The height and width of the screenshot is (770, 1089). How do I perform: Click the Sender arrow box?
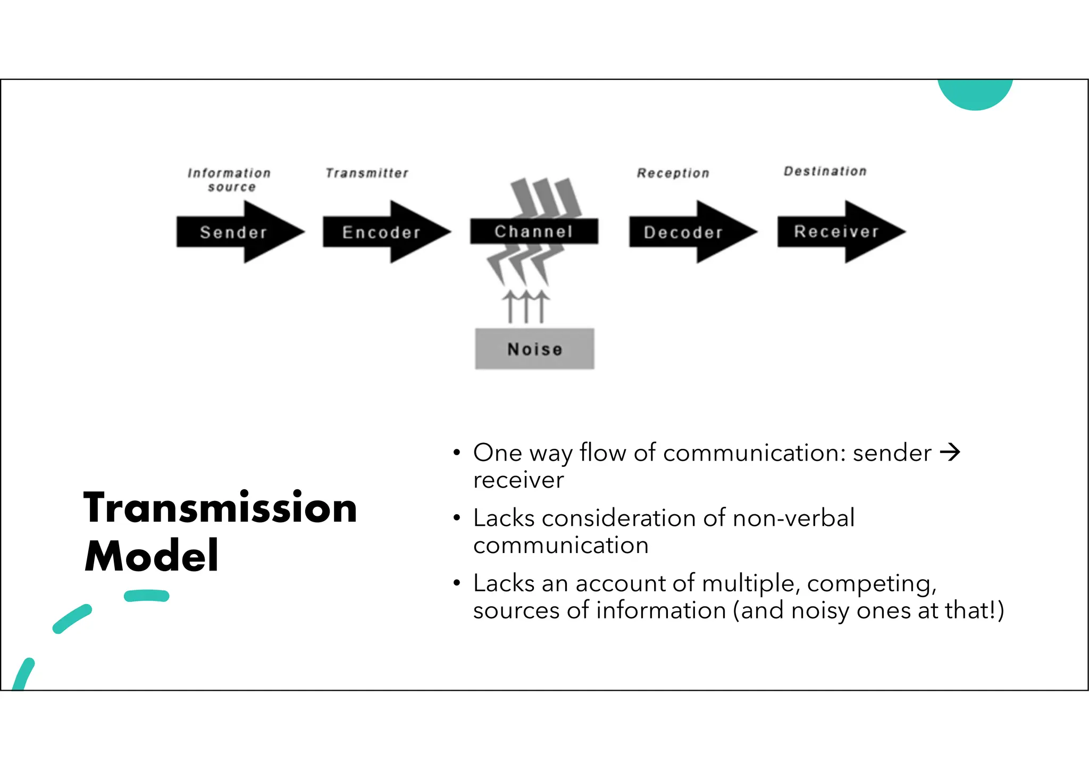[x=234, y=232]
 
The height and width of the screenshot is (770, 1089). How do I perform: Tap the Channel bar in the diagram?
[x=534, y=231]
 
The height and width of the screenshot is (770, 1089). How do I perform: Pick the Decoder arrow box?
[x=684, y=232]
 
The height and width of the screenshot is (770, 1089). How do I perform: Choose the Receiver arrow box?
[x=836, y=231]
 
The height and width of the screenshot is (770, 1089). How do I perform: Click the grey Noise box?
[x=534, y=349]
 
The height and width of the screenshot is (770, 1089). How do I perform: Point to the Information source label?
[x=230, y=180]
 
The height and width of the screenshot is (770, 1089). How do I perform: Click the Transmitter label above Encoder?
[x=367, y=173]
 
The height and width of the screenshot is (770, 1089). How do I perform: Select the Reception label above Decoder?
[x=673, y=173]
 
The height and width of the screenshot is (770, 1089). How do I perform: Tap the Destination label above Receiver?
[x=825, y=171]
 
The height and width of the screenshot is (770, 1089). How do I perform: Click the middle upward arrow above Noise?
[x=526, y=307]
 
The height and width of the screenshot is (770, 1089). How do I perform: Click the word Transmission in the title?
[x=220, y=508]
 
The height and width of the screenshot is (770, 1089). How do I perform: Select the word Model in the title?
[x=152, y=556]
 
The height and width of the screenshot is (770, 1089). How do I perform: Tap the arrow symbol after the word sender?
[x=950, y=453]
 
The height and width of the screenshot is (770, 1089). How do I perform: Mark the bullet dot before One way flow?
[x=456, y=453]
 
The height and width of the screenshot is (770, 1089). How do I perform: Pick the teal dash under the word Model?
[x=147, y=596]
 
